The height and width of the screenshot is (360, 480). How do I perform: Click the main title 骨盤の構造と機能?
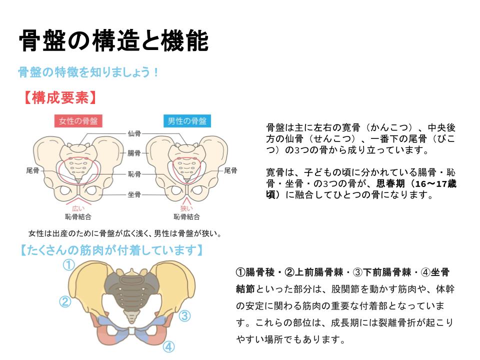click(113, 40)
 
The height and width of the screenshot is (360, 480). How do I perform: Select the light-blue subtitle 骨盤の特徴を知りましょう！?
click(88, 72)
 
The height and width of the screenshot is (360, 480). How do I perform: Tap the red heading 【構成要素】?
click(60, 97)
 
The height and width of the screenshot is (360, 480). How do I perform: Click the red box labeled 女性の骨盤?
click(78, 121)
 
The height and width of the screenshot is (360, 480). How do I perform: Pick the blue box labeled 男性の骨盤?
click(187, 121)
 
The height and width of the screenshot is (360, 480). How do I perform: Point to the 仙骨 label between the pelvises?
click(134, 133)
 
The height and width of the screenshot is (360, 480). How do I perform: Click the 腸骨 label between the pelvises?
click(134, 153)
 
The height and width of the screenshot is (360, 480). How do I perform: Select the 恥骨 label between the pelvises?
click(134, 174)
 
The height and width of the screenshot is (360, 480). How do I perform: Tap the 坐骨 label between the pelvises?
click(134, 194)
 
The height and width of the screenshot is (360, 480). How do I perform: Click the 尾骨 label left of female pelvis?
click(33, 170)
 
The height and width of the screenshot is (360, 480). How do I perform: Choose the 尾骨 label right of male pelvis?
click(230, 170)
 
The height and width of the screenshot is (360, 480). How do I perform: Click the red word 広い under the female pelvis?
click(78, 208)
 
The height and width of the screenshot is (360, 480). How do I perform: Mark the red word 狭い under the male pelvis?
click(186, 208)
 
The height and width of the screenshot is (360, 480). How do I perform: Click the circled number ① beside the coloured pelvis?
click(69, 265)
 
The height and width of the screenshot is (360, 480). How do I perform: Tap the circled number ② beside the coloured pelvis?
click(65, 302)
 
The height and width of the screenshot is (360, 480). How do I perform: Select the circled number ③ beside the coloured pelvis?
click(184, 315)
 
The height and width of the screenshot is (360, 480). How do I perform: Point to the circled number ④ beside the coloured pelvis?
click(168, 347)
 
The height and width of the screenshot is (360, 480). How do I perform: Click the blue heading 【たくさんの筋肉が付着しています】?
click(111, 250)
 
